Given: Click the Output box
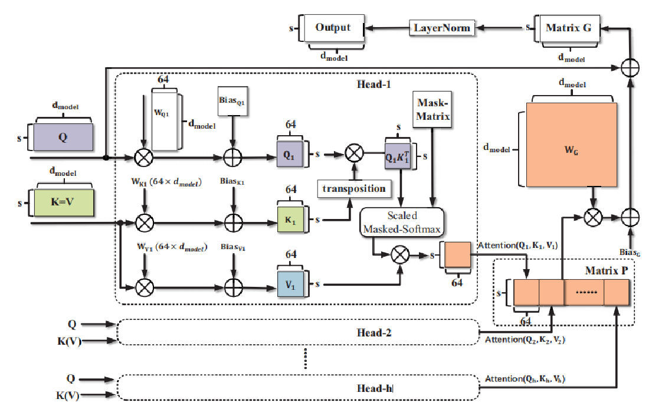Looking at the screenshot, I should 333,28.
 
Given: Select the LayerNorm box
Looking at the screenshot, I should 441,28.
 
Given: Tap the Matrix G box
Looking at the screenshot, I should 568,28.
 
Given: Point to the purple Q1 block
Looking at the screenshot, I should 289,155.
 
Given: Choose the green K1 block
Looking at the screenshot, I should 289,219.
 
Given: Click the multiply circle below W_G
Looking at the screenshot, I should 592,218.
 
